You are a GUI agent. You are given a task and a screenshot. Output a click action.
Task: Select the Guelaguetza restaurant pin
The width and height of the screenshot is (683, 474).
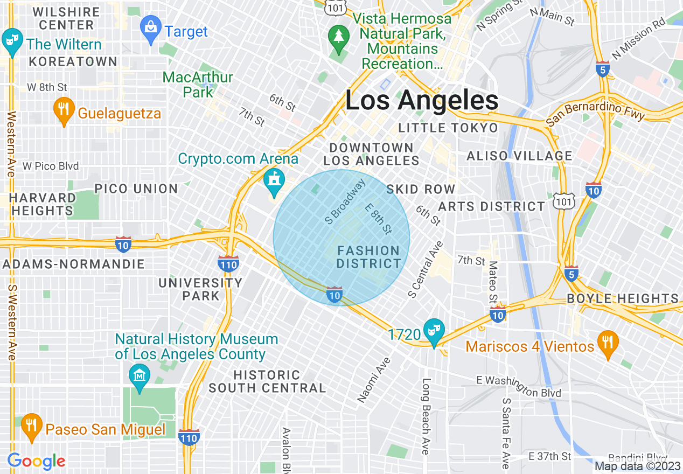pyautogui.click(x=64, y=109)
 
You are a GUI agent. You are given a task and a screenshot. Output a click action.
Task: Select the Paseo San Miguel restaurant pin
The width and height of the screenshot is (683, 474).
pyautogui.click(x=32, y=426)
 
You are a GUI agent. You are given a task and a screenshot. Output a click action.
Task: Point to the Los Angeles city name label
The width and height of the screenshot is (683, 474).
pyautogui.click(x=422, y=101)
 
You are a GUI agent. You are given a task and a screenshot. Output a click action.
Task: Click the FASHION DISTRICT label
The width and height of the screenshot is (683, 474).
pyautogui.click(x=368, y=257)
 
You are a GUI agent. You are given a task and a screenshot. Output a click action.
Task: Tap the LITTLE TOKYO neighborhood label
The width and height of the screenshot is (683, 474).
pyautogui.click(x=448, y=128)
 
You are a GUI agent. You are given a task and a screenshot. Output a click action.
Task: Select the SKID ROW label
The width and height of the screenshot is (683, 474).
pyautogui.click(x=421, y=190)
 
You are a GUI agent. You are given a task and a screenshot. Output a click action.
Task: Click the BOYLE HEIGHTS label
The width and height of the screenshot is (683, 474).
pyautogui.click(x=623, y=299)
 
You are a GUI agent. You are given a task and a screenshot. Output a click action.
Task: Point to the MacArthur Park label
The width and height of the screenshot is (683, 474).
pyautogui.click(x=198, y=85)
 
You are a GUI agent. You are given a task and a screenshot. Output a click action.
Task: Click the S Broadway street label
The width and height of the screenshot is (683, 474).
pyautogui.click(x=345, y=201)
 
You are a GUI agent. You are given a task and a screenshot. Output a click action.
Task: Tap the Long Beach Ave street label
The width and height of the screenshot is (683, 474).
pyautogui.click(x=426, y=416)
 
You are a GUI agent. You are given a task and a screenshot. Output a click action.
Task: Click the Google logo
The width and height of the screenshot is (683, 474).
pyautogui.click(x=36, y=462)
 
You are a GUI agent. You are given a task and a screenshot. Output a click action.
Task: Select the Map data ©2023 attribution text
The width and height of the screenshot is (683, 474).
pyautogui.click(x=638, y=466)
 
